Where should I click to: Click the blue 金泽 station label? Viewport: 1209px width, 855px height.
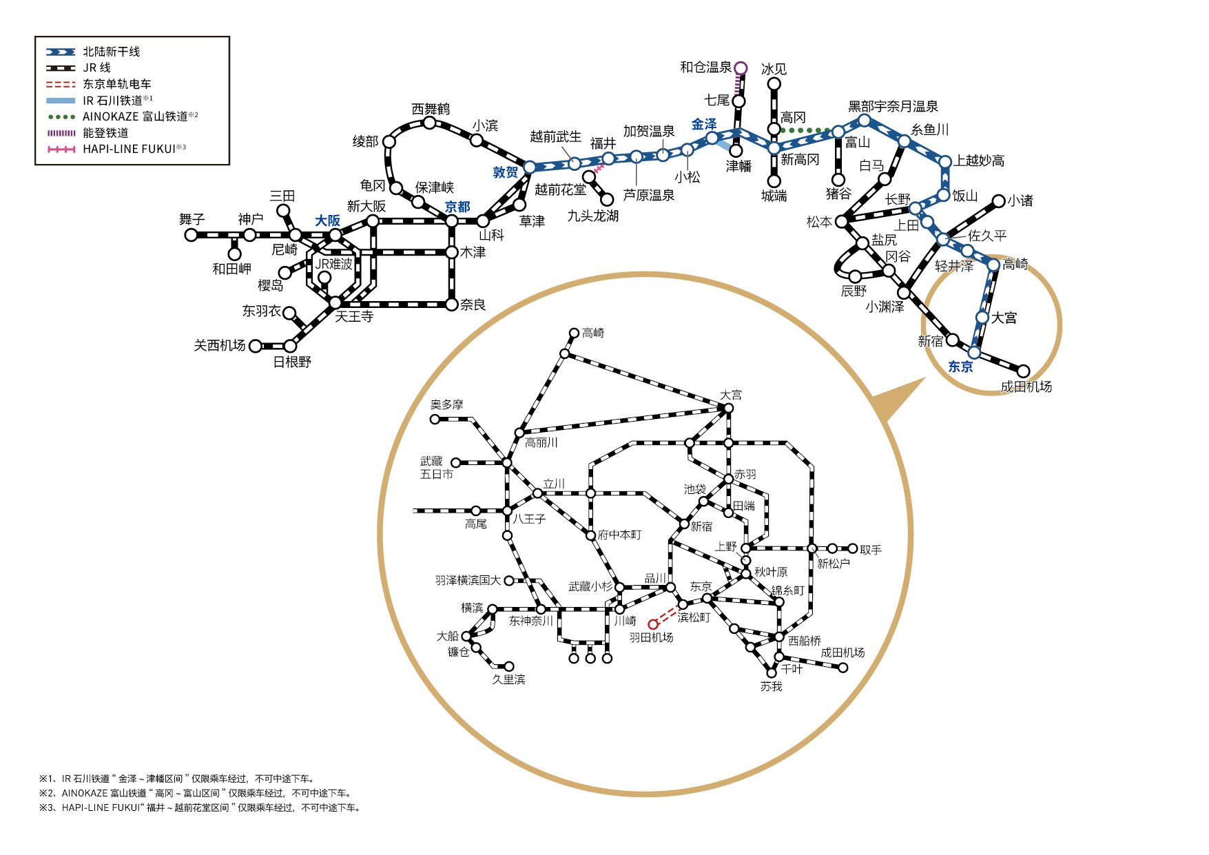point(704,124)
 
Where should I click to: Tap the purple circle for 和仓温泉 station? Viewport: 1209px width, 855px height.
point(741,68)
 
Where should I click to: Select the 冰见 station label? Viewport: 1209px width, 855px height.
point(774,69)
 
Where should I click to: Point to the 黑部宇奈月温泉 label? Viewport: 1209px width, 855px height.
point(893,106)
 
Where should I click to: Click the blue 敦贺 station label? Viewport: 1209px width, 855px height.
point(505,172)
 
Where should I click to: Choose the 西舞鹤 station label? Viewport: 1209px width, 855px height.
point(431,109)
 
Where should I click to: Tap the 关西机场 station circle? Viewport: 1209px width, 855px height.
point(256,345)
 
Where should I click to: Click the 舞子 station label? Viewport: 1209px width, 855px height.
point(192,219)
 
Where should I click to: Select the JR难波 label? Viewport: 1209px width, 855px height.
point(333,264)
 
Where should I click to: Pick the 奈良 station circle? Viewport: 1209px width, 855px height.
point(452,304)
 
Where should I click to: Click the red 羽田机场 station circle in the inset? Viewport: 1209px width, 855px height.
point(653,624)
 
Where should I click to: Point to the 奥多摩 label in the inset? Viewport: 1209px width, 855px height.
point(447,404)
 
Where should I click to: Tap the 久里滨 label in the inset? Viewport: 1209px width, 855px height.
point(508,679)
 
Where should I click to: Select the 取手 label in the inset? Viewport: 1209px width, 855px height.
point(871,550)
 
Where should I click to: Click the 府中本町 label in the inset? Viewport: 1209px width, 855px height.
point(619,535)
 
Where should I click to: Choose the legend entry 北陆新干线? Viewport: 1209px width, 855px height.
point(111,52)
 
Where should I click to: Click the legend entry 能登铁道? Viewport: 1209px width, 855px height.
point(105,133)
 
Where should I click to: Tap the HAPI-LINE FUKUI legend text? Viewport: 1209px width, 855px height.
point(129,149)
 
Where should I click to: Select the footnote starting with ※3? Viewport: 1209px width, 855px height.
point(200,807)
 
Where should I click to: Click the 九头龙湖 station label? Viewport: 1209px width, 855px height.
point(592,216)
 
